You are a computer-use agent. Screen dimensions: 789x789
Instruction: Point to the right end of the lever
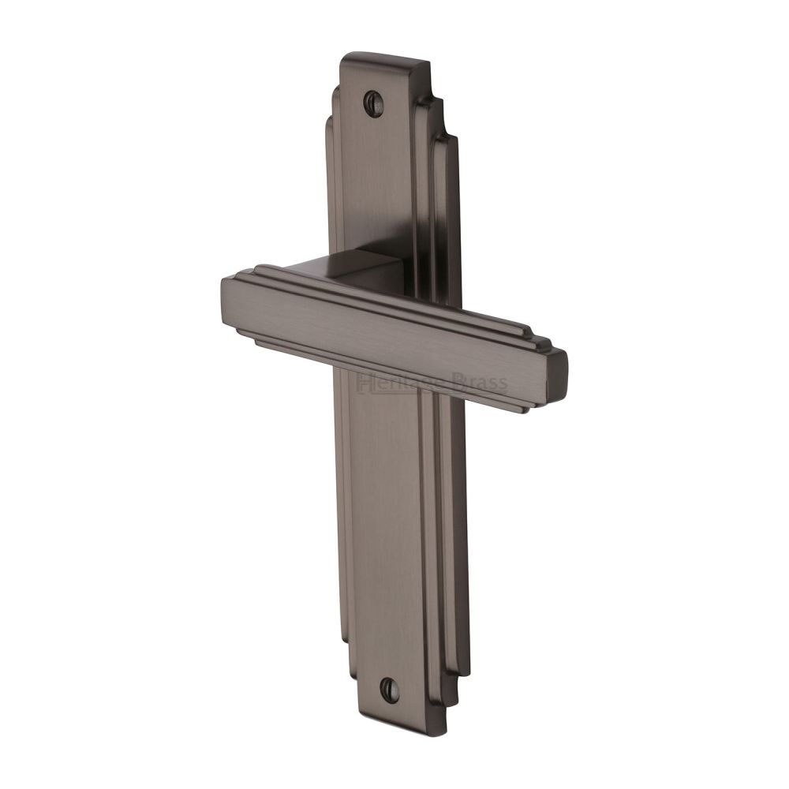tap(556, 383)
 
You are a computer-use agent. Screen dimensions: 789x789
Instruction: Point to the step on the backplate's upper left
tap(331, 122)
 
